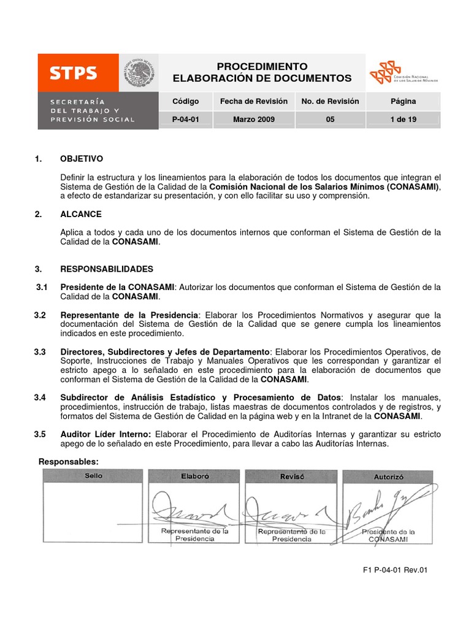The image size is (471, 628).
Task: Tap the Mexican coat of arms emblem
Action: (139, 73)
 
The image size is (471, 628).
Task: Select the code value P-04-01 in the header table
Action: (186, 120)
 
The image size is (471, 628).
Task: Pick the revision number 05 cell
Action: (330, 120)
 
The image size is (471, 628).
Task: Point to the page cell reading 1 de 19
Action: (402, 120)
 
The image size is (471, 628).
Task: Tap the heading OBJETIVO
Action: (82, 159)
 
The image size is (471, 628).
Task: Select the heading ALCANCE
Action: (81, 214)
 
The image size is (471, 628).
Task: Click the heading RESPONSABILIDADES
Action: (107, 269)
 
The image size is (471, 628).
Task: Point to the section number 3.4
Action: (40, 398)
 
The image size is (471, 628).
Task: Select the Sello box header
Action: (93, 476)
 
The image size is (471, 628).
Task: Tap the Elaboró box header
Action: (194, 476)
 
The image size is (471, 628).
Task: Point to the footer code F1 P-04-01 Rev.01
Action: (394, 570)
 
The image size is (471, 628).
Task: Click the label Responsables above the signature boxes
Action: (68, 461)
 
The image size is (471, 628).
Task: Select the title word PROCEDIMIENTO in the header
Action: (262, 66)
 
